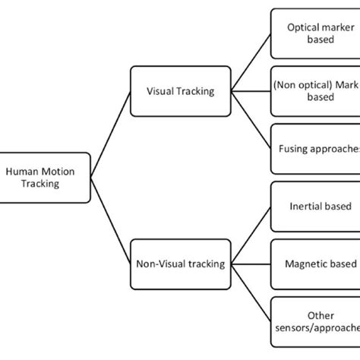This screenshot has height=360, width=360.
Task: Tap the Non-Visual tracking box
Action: pos(179,264)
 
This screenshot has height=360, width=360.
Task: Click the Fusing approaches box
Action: pos(314,149)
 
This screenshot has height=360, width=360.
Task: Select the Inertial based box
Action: pos(314,205)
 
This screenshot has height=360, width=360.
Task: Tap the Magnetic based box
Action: pos(314,264)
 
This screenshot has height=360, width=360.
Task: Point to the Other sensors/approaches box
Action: pos(314,323)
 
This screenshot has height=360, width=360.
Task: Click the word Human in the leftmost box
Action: pos(21,172)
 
